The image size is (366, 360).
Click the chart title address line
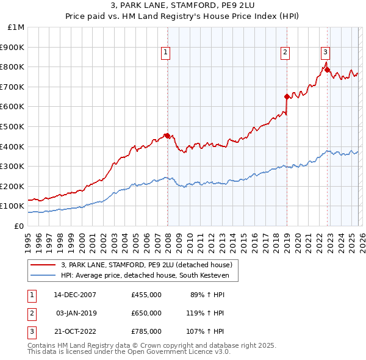183,6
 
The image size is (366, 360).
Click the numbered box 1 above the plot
165,53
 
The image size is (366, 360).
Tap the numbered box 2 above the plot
285,53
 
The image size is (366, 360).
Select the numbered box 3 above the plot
326,53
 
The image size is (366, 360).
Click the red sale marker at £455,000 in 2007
167,135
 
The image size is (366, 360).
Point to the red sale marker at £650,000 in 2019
287,96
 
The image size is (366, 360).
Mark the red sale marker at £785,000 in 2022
328,70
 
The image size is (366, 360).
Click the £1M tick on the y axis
16,27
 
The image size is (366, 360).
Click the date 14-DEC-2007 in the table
75,294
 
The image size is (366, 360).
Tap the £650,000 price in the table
146,313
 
